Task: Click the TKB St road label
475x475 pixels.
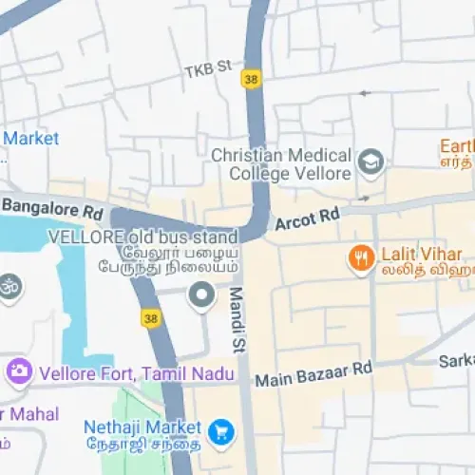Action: [x=208, y=69]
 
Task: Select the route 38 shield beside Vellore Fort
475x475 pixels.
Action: [x=151, y=319]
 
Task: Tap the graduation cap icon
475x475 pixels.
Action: [x=370, y=164]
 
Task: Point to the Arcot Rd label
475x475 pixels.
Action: [x=307, y=219]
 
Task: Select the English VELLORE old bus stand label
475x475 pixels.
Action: [x=142, y=236]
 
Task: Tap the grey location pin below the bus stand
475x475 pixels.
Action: [x=201, y=296]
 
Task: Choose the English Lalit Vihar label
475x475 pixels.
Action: [x=421, y=254]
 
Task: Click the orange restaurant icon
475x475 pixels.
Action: [x=361, y=259]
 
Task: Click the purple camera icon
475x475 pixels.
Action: [x=17, y=370]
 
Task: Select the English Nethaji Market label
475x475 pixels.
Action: [x=142, y=427]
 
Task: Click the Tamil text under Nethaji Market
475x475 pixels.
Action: [x=142, y=445]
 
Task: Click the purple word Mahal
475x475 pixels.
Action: [x=36, y=414]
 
